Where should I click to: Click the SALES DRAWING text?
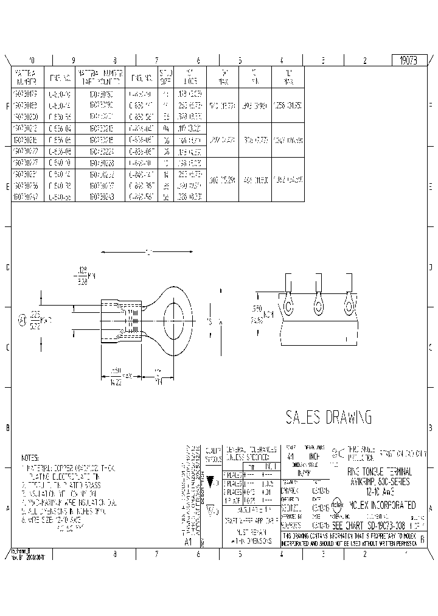(x=328, y=417)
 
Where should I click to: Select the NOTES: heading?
(x=30, y=458)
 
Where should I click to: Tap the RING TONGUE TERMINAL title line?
(x=379, y=471)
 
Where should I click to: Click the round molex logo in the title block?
(x=337, y=505)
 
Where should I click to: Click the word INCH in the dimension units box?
(x=315, y=456)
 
